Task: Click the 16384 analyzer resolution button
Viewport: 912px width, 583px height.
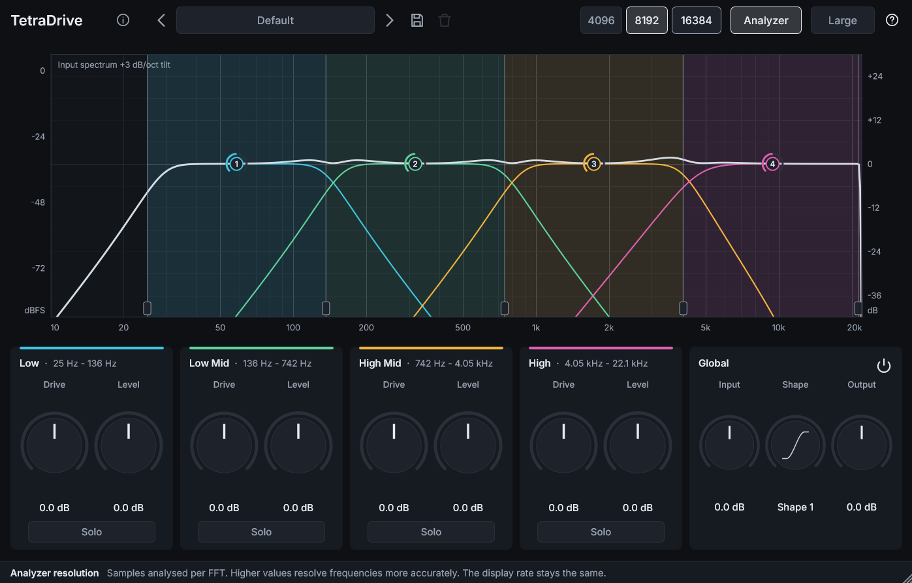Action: [x=696, y=20]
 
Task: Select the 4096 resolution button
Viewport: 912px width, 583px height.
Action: [x=601, y=20]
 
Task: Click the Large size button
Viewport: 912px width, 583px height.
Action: [x=842, y=20]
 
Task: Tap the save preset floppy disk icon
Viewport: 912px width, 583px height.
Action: [x=417, y=20]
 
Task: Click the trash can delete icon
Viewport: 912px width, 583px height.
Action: [x=445, y=20]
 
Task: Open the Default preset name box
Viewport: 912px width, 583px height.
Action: [x=275, y=20]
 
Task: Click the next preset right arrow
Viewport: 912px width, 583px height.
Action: [x=389, y=20]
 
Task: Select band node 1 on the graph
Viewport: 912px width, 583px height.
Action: [x=236, y=164]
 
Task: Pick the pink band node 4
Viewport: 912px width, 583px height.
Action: [x=772, y=164]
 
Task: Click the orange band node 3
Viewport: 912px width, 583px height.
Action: [x=593, y=164]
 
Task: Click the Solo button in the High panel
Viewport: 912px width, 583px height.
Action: [x=601, y=531]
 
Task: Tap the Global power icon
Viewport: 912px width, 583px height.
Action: [x=883, y=366]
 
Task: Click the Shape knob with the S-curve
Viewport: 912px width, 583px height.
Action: [x=795, y=445]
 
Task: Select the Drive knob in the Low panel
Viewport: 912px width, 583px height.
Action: [x=54, y=445]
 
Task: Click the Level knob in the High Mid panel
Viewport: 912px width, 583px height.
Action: [x=468, y=445]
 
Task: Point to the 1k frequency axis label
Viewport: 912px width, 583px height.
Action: [x=536, y=328]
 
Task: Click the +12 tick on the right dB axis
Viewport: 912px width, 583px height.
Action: [x=875, y=120]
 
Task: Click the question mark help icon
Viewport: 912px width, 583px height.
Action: [x=892, y=20]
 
